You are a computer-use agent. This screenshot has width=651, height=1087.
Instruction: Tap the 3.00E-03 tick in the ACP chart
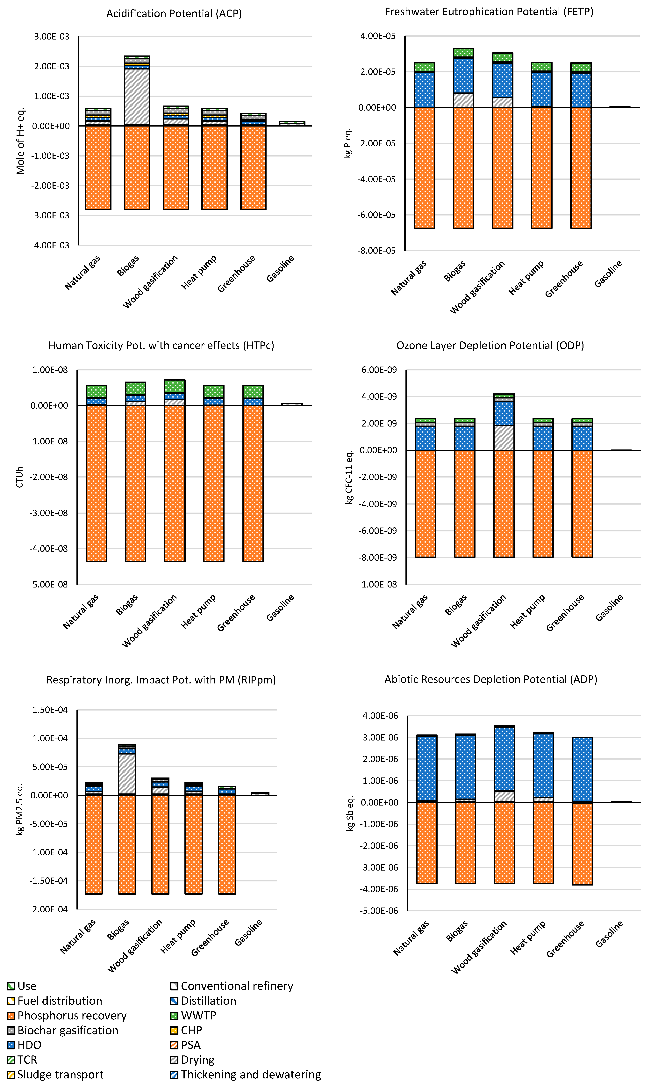[52, 36]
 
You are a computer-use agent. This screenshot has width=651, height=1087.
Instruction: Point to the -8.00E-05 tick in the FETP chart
[378, 251]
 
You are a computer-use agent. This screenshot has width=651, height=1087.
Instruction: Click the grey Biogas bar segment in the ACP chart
[137, 97]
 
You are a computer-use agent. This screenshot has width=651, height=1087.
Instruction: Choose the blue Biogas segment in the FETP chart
[464, 76]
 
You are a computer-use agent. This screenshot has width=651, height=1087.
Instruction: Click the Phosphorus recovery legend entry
[67, 1016]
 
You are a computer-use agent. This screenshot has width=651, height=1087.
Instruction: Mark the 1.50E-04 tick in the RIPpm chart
[50, 710]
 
